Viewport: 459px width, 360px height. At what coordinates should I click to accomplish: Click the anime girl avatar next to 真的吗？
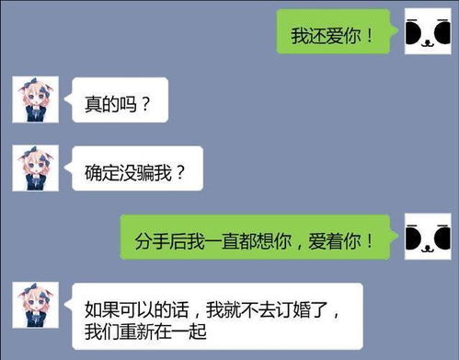[35, 100]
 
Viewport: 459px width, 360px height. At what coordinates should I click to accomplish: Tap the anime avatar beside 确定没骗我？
[35, 168]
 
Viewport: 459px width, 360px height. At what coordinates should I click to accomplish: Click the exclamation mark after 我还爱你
[369, 37]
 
